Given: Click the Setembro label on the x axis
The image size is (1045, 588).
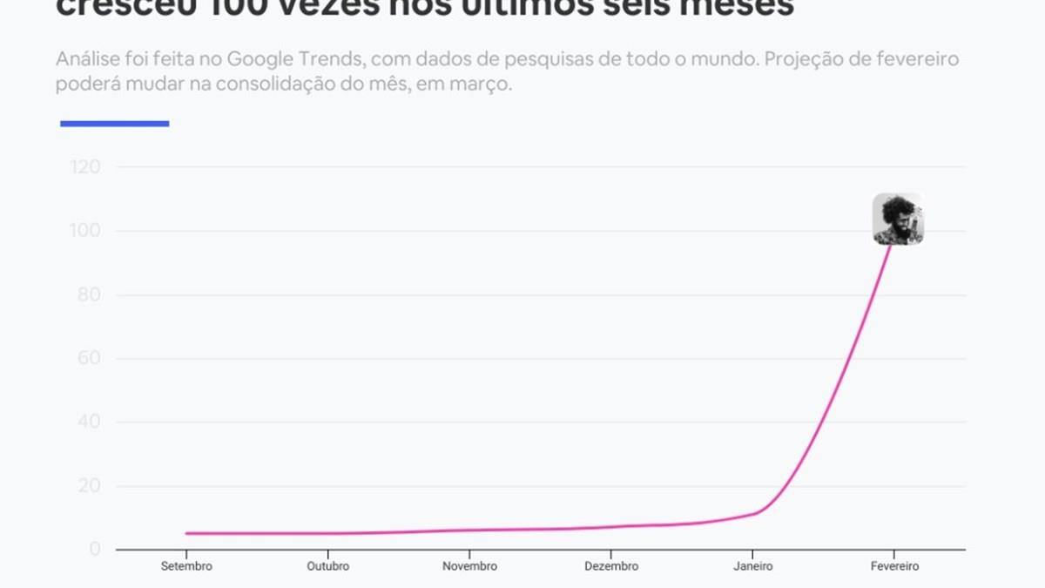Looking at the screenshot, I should [x=186, y=566].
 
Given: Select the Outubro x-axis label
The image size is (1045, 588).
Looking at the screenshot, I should [x=328, y=566].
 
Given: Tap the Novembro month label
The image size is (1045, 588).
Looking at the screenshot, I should [x=470, y=566].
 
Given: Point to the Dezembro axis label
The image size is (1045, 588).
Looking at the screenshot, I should [x=611, y=566].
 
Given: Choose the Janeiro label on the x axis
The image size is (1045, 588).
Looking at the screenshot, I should [x=753, y=566].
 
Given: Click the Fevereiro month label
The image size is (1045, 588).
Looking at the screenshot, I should [x=894, y=566].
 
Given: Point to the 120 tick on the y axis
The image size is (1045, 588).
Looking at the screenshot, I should [x=84, y=166].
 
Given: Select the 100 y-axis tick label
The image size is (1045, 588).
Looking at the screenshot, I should [x=84, y=231].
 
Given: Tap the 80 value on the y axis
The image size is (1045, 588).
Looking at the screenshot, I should [x=89, y=294].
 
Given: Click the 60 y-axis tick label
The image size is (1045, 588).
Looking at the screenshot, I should [x=89, y=358].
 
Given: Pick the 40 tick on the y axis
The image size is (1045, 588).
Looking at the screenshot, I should [x=89, y=422].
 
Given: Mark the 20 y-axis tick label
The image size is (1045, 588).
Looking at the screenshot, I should [x=89, y=486].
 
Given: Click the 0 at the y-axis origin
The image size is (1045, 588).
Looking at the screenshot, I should [x=95, y=550].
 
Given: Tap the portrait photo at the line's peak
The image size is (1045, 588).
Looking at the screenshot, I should [x=898, y=219].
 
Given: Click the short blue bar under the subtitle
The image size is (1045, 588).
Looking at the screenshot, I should [x=114, y=124].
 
